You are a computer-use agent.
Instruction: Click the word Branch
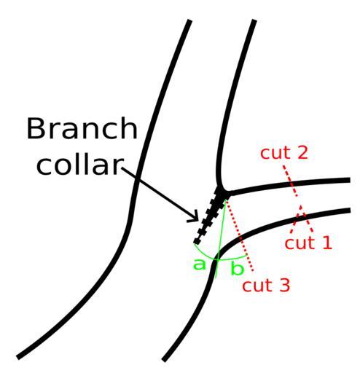click(x=82, y=128)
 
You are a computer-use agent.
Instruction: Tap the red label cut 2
click(x=284, y=152)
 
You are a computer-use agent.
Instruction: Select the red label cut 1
click(x=308, y=243)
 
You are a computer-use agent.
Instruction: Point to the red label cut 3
click(x=266, y=285)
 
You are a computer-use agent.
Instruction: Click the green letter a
click(x=199, y=264)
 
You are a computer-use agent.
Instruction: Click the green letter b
click(x=237, y=268)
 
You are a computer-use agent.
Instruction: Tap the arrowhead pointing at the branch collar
click(x=195, y=217)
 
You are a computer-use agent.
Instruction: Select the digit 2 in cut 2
click(x=303, y=152)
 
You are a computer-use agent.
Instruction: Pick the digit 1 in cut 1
click(x=328, y=243)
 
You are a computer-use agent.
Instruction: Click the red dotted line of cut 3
click(x=240, y=235)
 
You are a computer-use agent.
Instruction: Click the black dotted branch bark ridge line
click(x=208, y=217)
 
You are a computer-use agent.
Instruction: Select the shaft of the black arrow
click(x=159, y=192)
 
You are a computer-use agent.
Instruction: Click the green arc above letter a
click(x=203, y=254)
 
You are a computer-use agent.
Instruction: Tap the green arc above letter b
click(x=232, y=259)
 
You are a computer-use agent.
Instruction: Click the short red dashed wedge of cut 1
click(x=301, y=220)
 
